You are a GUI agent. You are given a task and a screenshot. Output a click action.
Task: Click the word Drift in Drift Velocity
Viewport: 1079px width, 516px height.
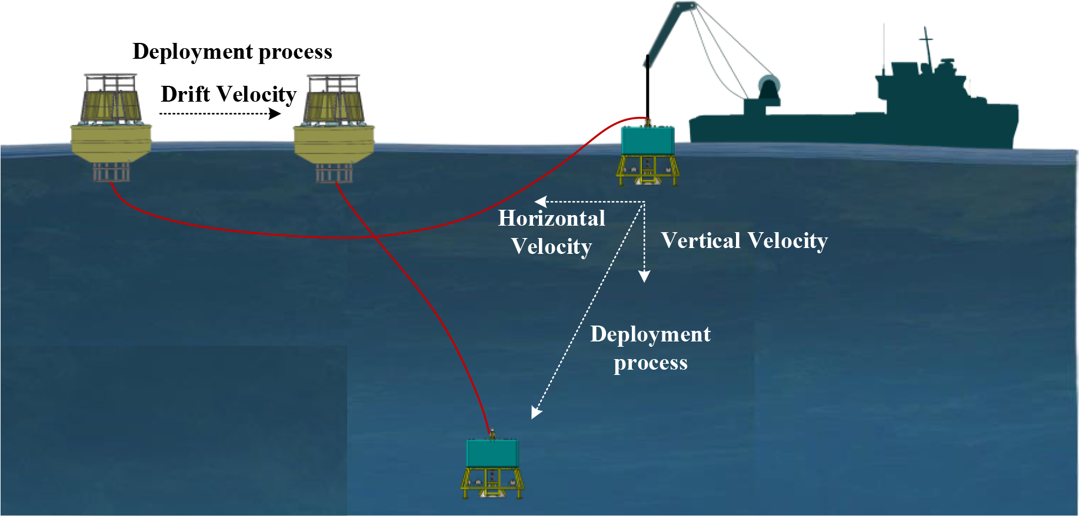click(x=185, y=94)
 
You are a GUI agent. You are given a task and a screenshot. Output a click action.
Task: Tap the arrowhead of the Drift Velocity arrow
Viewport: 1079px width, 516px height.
click(x=275, y=113)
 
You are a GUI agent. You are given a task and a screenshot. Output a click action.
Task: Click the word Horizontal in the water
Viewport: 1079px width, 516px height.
click(x=551, y=219)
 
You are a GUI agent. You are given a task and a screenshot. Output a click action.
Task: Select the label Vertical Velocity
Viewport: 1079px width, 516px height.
click(x=744, y=241)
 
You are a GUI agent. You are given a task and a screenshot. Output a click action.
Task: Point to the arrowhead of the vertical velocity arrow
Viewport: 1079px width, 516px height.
click(x=644, y=276)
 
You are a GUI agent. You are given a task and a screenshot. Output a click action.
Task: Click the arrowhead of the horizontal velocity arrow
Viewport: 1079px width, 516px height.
click(x=540, y=202)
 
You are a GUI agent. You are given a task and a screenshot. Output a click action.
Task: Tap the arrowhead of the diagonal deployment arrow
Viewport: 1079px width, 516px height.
click(x=536, y=413)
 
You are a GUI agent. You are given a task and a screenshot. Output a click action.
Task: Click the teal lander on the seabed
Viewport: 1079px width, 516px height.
click(x=492, y=454)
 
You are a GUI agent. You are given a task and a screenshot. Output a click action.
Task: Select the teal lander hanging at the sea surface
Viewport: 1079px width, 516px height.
click(x=647, y=141)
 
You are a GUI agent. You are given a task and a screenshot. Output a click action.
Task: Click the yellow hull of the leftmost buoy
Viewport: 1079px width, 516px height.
click(x=111, y=141)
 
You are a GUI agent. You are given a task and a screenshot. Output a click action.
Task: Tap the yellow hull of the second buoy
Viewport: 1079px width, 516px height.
click(x=334, y=142)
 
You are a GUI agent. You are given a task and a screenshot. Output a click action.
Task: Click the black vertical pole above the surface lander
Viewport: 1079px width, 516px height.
click(x=647, y=88)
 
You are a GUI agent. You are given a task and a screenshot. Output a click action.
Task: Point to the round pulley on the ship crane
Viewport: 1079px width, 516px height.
click(x=768, y=86)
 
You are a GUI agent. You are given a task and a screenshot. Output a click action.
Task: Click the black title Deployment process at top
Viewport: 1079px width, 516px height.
click(x=232, y=52)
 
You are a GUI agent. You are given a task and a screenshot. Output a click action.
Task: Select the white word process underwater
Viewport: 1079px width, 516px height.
click(x=650, y=363)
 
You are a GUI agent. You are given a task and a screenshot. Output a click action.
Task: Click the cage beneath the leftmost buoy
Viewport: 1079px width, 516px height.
click(x=111, y=172)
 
